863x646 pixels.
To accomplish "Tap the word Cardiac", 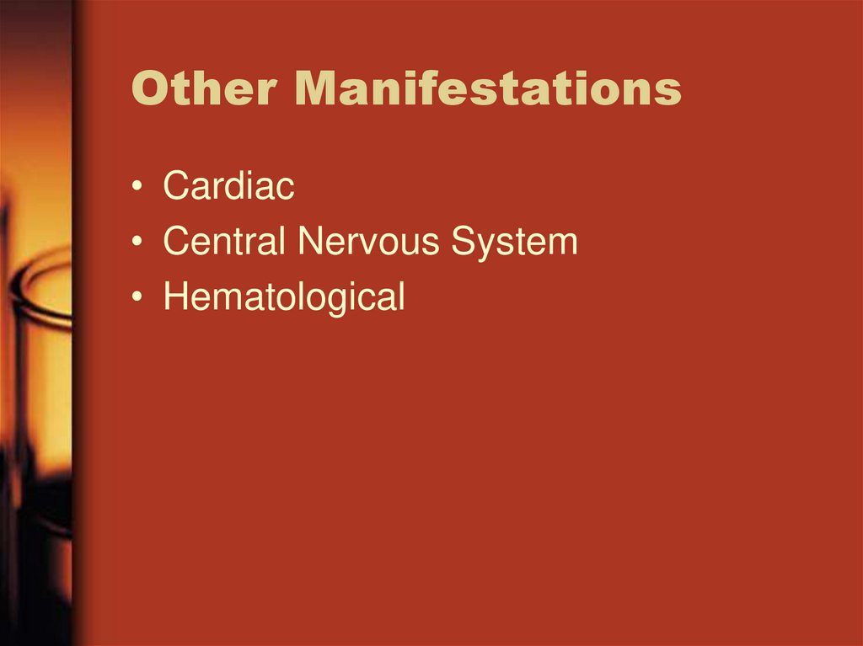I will (x=228, y=186).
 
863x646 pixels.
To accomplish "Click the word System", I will (x=513, y=242).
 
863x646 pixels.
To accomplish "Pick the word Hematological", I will (x=284, y=297).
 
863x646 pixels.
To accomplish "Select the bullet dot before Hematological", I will (x=137, y=299).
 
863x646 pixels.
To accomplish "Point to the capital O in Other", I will (x=149, y=88).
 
